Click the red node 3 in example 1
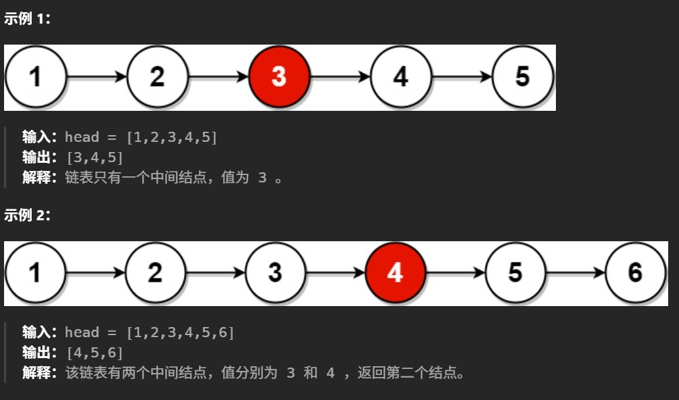[x=279, y=77]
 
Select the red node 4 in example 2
[x=395, y=273]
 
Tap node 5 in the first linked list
[x=522, y=77]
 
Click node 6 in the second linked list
[x=634, y=273]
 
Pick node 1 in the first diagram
[x=35, y=77]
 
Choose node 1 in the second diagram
[x=35, y=273]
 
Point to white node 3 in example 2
[x=275, y=273]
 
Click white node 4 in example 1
[x=401, y=77]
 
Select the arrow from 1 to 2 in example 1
[x=97, y=77]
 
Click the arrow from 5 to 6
[x=575, y=273]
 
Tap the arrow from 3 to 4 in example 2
[x=335, y=273]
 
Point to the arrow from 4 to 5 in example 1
[x=462, y=77]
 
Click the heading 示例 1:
[x=27, y=19]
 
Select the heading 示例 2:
[x=27, y=216]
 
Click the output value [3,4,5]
[x=95, y=157]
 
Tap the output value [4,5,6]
[x=95, y=352]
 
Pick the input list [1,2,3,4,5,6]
[x=180, y=332]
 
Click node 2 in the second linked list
[x=156, y=273]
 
